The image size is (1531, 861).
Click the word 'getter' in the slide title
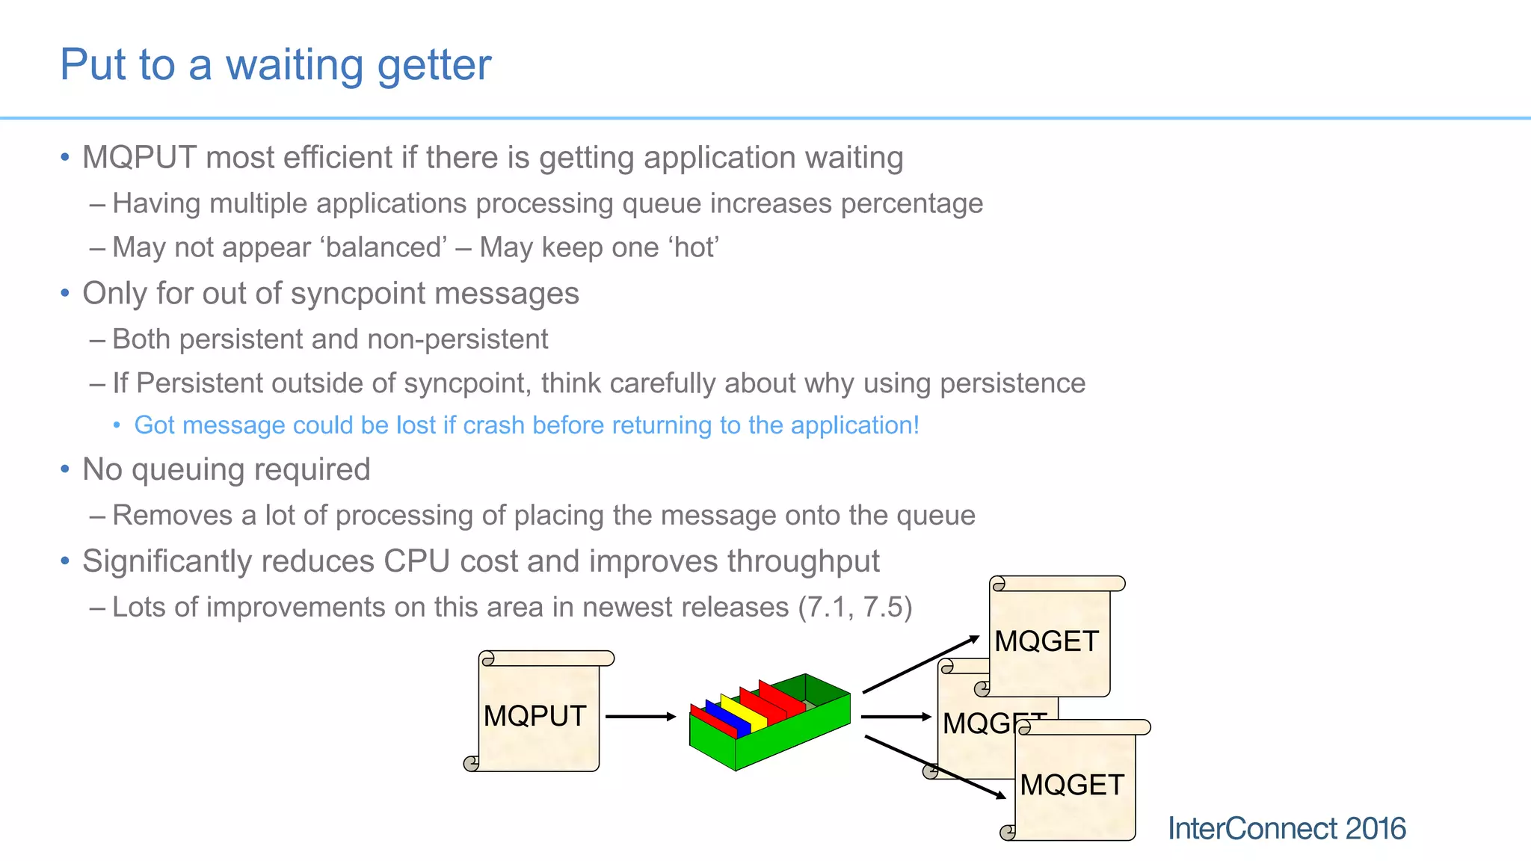[x=434, y=66]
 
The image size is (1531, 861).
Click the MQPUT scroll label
[x=535, y=716]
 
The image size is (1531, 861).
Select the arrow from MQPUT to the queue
[x=640, y=717]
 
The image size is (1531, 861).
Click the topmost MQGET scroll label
[x=1047, y=641]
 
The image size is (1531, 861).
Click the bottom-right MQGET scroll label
[x=1072, y=785]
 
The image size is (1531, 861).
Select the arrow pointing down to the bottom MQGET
[x=934, y=768]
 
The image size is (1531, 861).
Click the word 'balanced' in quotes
[x=384, y=247]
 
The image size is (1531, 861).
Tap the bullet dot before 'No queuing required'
[x=65, y=469]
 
